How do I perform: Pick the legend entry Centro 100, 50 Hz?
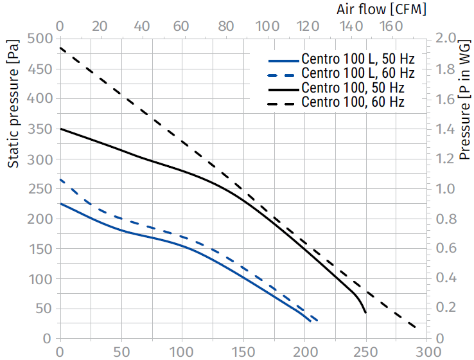click(353, 87)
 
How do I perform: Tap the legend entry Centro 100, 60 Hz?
click(353, 102)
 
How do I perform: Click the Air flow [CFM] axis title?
click(382, 9)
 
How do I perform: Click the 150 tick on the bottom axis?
click(243, 352)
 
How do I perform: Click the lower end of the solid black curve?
click(365, 312)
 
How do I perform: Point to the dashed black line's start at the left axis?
click(60, 48)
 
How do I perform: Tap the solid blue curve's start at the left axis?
click(60, 204)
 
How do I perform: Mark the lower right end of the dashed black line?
click(415, 327)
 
